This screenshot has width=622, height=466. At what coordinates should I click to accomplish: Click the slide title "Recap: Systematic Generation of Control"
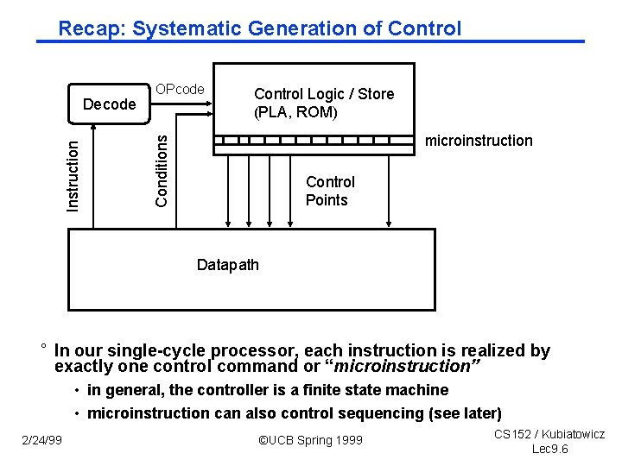(259, 28)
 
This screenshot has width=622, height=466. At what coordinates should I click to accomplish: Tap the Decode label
(109, 104)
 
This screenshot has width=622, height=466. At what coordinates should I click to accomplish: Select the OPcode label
(180, 89)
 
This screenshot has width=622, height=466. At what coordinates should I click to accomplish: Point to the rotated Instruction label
(74, 176)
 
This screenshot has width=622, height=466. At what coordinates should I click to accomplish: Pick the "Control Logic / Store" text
(323, 94)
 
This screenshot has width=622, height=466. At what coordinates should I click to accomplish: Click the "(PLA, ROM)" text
(295, 112)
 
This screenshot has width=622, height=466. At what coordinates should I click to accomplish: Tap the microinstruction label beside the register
(479, 141)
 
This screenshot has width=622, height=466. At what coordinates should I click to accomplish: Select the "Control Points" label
(329, 191)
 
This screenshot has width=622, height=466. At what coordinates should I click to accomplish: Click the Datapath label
(227, 265)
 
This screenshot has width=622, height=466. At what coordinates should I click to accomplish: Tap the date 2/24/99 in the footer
(42, 441)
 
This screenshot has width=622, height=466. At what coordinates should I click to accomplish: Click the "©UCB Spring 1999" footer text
(310, 441)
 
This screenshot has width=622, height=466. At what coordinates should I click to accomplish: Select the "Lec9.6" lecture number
(549, 449)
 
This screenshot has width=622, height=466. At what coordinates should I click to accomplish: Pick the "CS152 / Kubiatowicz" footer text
(549, 435)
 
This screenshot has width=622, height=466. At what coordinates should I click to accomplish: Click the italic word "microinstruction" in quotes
(413, 366)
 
